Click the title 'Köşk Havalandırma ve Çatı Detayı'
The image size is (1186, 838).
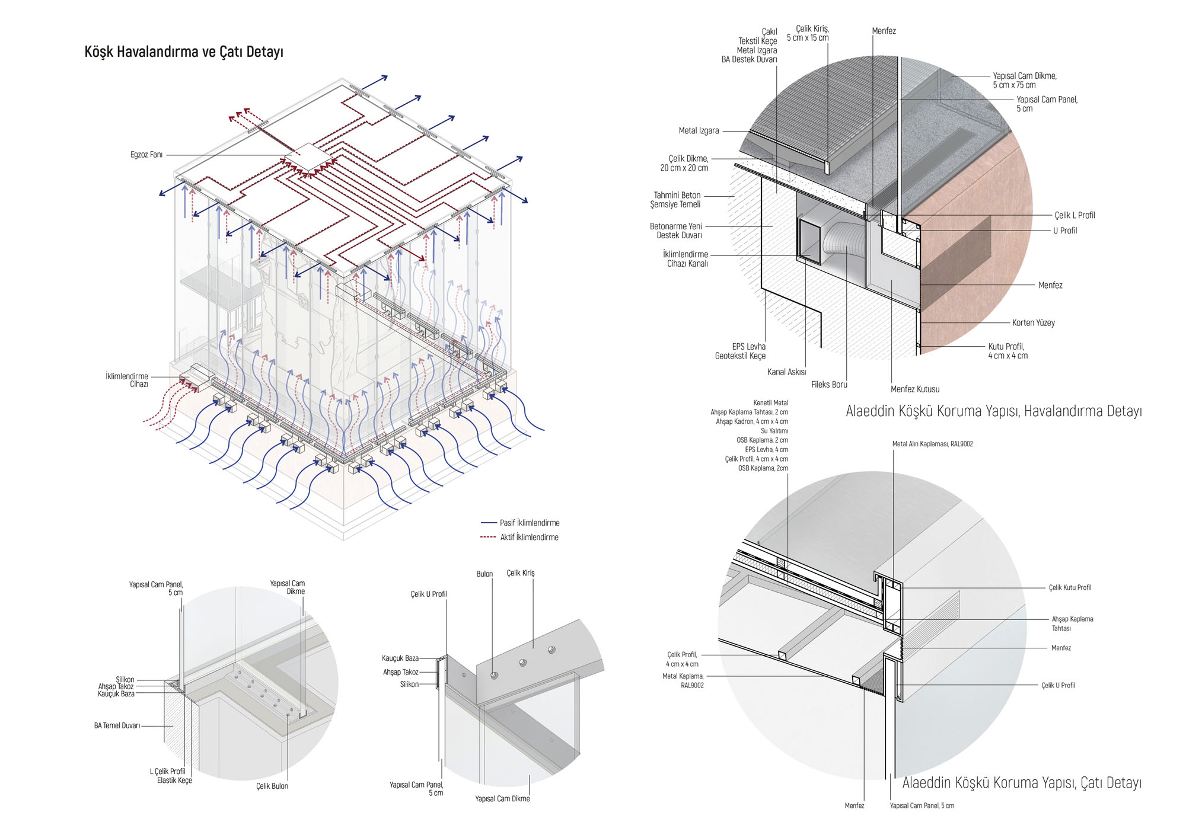(184, 52)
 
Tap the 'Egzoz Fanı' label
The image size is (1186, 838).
(146, 155)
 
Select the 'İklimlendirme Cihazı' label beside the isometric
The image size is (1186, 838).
(127, 380)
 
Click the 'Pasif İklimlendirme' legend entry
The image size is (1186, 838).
(529, 523)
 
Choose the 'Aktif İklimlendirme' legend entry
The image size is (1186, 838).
(529, 537)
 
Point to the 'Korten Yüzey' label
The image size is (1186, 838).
(1033, 323)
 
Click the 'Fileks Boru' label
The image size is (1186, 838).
(829, 385)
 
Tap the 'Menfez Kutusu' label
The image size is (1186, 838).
(914, 389)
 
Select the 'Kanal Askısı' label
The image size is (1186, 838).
(786, 372)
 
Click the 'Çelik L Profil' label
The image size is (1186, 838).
(1074, 215)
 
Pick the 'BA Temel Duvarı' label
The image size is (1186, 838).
(117, 725)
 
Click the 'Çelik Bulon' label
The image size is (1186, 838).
(272, 786)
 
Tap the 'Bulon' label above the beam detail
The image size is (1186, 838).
(484, 574)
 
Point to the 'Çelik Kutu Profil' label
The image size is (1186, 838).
(1070, 588)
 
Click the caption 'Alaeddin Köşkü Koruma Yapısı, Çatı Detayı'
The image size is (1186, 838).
(1021, 783)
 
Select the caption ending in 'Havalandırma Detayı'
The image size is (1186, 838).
(993, 411)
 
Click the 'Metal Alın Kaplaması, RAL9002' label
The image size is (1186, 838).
(932, 444)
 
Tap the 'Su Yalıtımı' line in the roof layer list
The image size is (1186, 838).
(774, 431)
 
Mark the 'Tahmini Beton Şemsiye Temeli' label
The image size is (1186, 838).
(676, 200)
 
